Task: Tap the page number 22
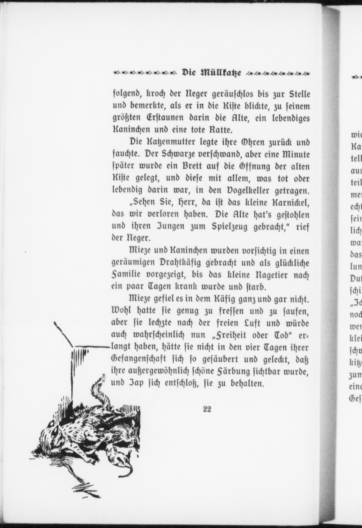coord(207,409)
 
